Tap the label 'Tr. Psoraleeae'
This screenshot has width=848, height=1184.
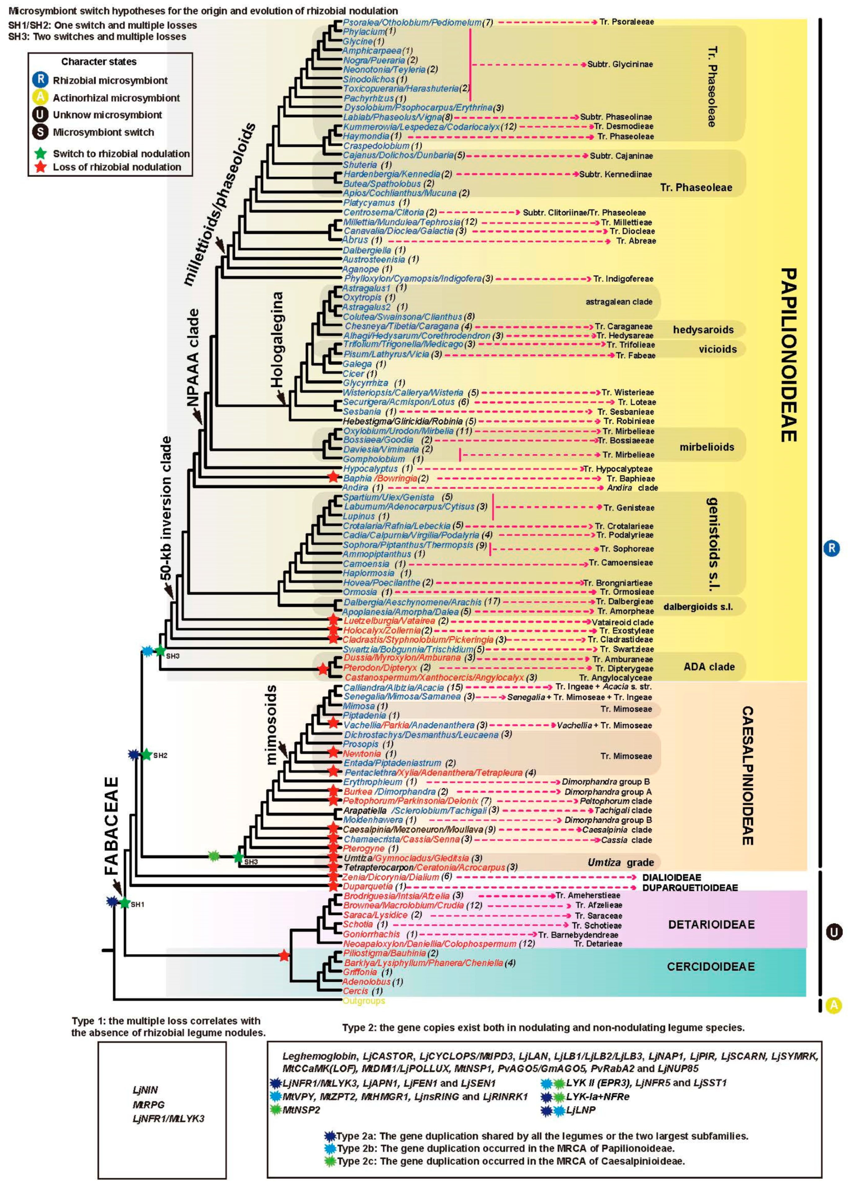click(626, 22)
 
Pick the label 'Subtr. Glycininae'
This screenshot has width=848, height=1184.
click(620, 64)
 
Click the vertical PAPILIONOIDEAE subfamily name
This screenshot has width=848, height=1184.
click(788, 355)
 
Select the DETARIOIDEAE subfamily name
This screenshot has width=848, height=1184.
click(711, 925)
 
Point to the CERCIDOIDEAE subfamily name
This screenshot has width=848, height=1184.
click(711, 966)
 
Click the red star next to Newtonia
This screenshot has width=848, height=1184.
click(333, 753)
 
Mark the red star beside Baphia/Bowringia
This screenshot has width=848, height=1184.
click(333, 477)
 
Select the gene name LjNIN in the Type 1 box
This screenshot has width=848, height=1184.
click(145, 1090)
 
